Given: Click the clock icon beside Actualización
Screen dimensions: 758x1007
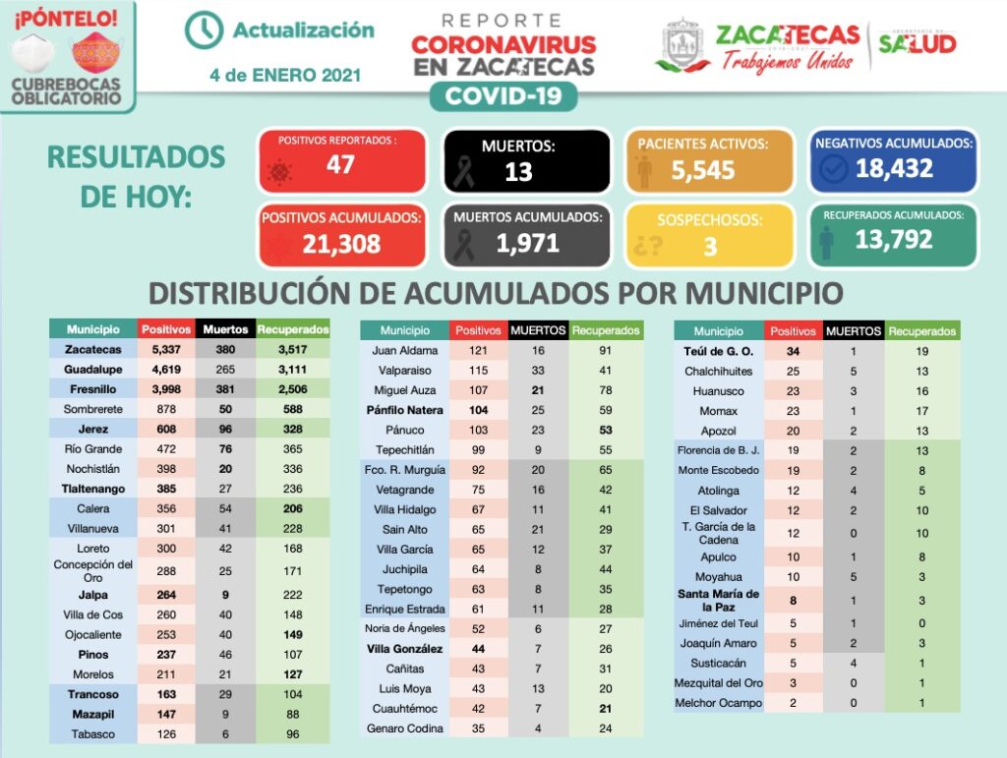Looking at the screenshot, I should tap(204, 30).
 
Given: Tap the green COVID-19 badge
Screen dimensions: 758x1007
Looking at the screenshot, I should tap(503, 96).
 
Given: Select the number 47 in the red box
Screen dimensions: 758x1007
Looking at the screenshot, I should tap(340, 164).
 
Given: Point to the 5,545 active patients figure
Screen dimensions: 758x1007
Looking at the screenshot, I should tap(703, 170).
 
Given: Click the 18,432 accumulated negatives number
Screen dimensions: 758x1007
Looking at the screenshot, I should tap(894, 169).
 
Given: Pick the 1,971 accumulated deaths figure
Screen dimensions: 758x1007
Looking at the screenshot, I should tap(528, 243).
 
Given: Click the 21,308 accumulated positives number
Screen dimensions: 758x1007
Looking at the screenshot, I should tap(341, 244).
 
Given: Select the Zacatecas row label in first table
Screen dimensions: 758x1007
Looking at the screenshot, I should tap(93, 350).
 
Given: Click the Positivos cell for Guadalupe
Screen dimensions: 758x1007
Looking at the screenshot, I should tap(166, 370).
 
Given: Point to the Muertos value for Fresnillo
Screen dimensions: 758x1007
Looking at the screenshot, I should tap(225, 389).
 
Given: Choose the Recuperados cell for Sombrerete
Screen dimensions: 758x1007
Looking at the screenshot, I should tap(292, 409).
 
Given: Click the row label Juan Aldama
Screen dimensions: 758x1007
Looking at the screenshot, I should tap(404, 351).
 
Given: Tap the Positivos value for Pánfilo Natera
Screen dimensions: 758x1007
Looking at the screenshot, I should tap(479, 410).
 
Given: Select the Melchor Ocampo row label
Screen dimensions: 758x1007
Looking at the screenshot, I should tap(719, 703).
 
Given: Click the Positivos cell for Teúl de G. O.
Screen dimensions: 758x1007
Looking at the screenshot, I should tap(792, 351).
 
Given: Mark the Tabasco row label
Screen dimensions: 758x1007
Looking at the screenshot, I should tap(93, 733).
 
